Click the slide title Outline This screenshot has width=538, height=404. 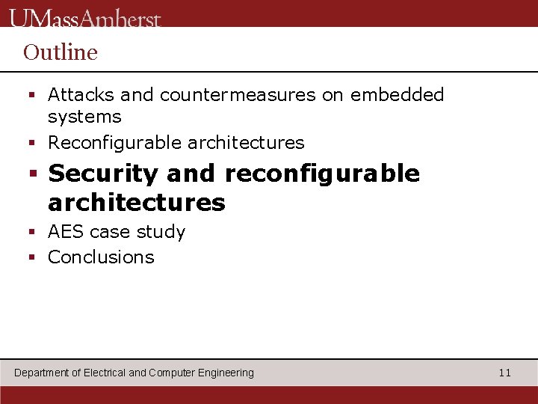coord(61,52)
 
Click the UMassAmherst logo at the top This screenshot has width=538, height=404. coord(86,16)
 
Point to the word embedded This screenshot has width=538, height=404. coord(397,95)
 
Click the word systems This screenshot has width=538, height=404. coord(84,117)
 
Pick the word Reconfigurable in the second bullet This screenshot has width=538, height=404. coord(115,142)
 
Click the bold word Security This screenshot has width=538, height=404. coord(103,174)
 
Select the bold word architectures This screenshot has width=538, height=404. coord(137,202)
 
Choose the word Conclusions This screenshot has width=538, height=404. coord(101,257)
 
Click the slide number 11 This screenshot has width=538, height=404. coord(505,373)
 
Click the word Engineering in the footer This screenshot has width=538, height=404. coord(226,373)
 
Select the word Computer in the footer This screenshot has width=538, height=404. coord(172,373)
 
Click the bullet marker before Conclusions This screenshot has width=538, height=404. coord(32,258)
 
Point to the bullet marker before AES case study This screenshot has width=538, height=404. coord(32,233)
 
